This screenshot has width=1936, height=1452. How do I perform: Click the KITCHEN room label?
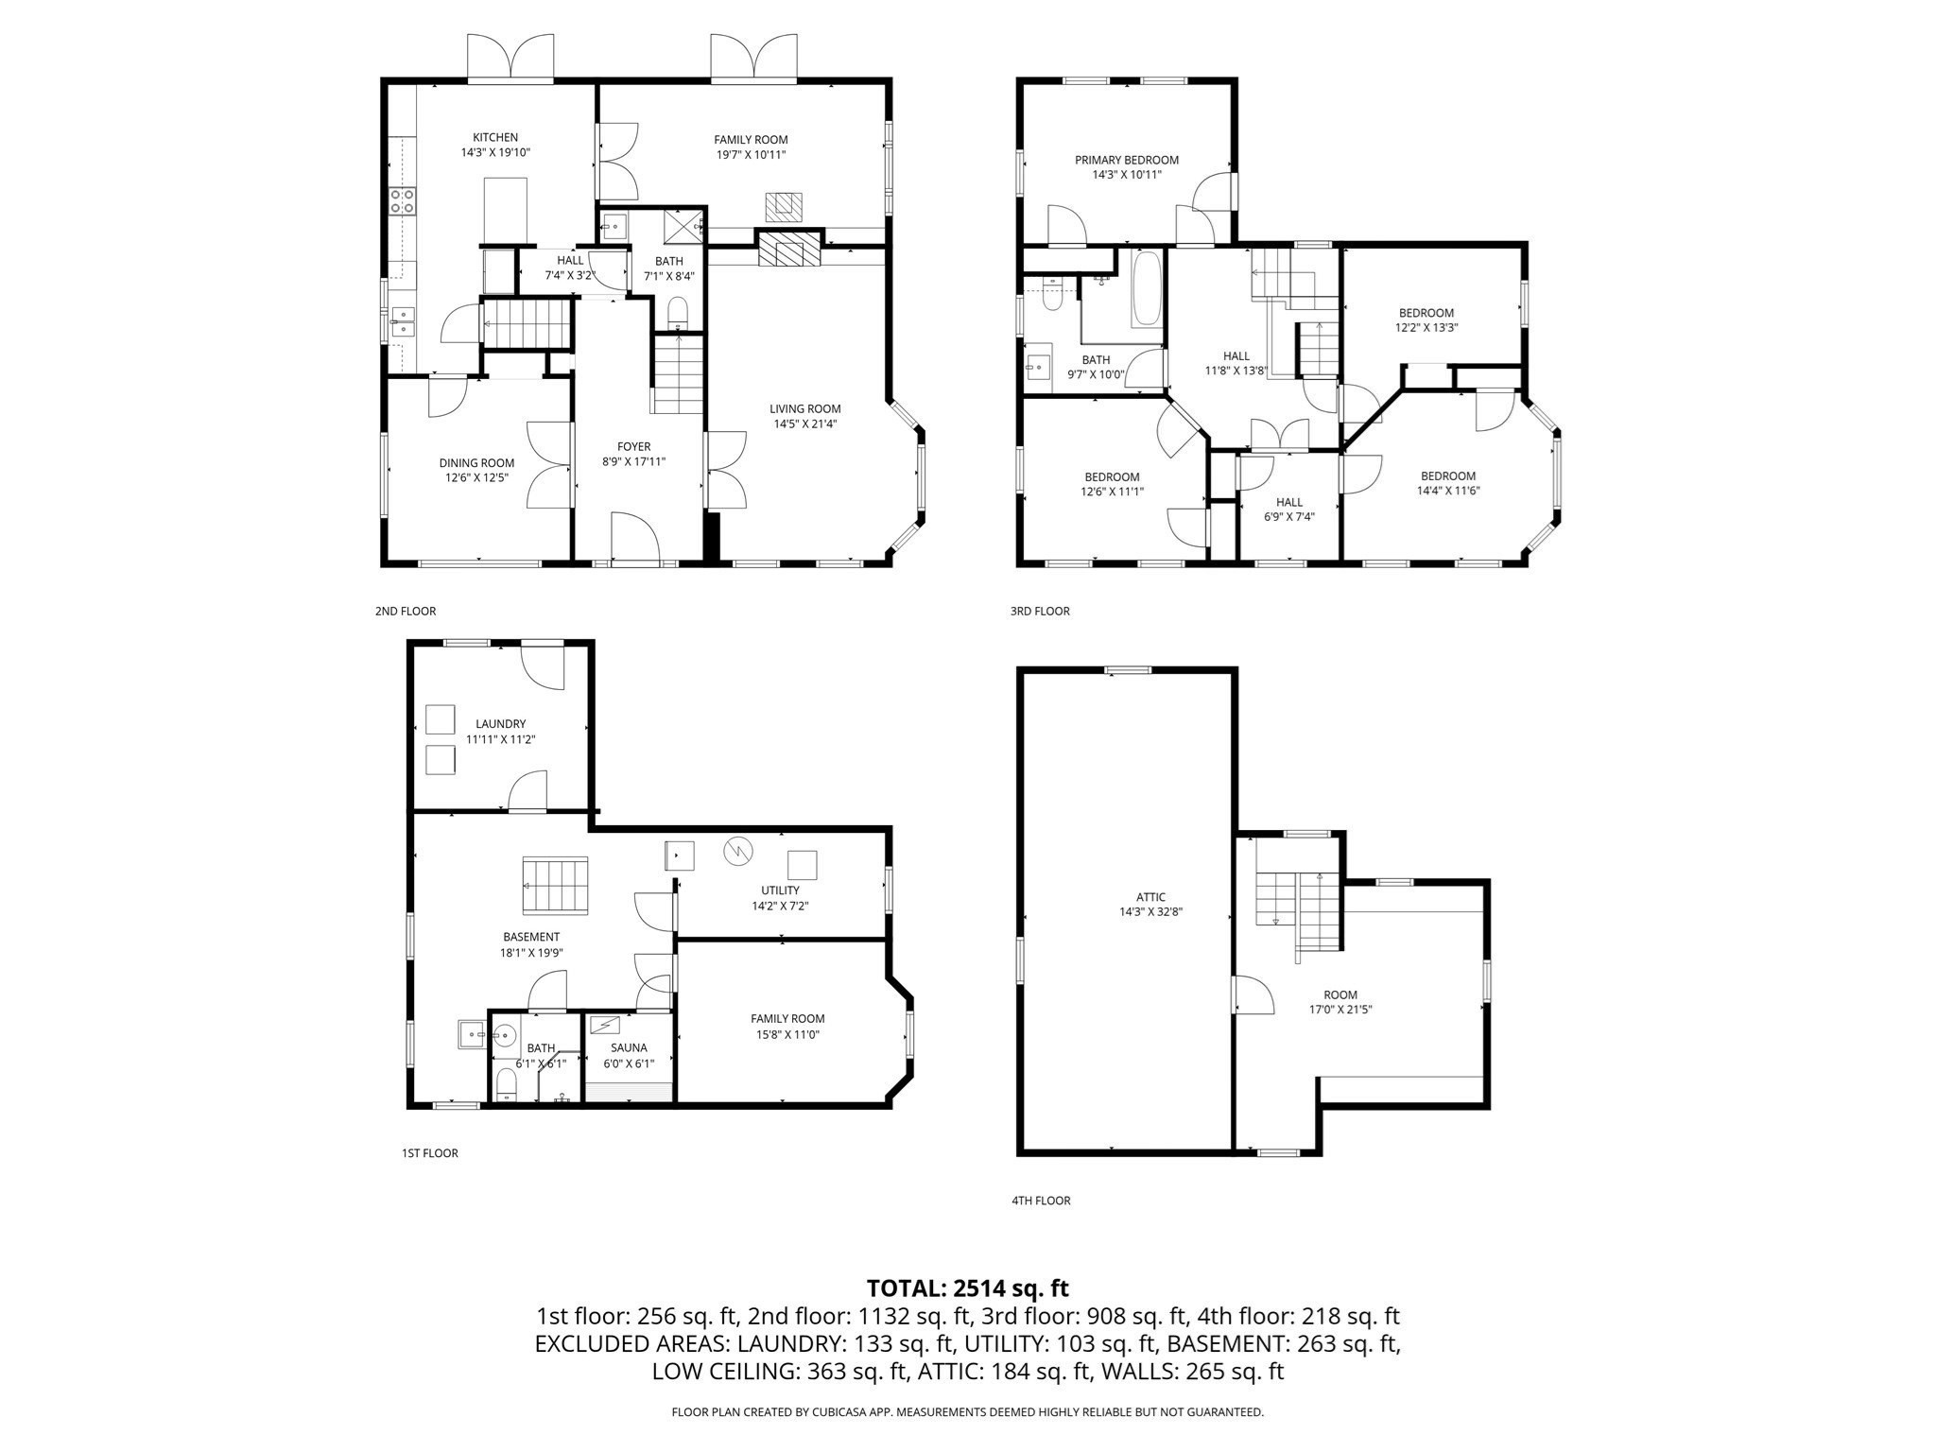(495, 137)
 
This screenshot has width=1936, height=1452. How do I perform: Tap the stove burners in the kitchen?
(402, 199)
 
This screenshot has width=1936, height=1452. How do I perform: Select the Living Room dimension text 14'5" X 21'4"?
(804, 424)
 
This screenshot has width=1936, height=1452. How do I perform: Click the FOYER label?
(633, 447)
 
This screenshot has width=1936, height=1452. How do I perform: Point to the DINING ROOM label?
(476, 463)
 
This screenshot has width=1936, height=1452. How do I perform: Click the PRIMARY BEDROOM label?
(1126, 160)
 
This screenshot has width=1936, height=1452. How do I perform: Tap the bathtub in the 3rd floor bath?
(1147, 287)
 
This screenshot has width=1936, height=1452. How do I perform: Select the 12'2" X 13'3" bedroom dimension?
(1426, 328)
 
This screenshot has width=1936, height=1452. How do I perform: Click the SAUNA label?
(629, 1047)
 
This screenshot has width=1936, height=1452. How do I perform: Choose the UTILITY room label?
(780, 890)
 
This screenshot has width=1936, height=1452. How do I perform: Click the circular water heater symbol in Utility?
(737, 851)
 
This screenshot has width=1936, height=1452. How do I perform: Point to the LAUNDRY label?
(500, 724)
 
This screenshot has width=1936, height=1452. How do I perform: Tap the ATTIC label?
(1150, 897)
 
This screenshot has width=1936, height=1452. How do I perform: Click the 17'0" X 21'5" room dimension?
(1340, 1010)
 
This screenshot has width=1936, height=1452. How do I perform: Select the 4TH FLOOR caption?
(1040, 1201)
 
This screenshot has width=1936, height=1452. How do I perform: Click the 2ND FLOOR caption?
(405, 612)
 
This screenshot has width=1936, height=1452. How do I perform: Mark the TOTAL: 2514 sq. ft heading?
(967, 1288)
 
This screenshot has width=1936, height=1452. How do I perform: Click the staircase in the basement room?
(555, 886)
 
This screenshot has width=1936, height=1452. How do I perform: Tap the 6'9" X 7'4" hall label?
(1288, 517)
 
